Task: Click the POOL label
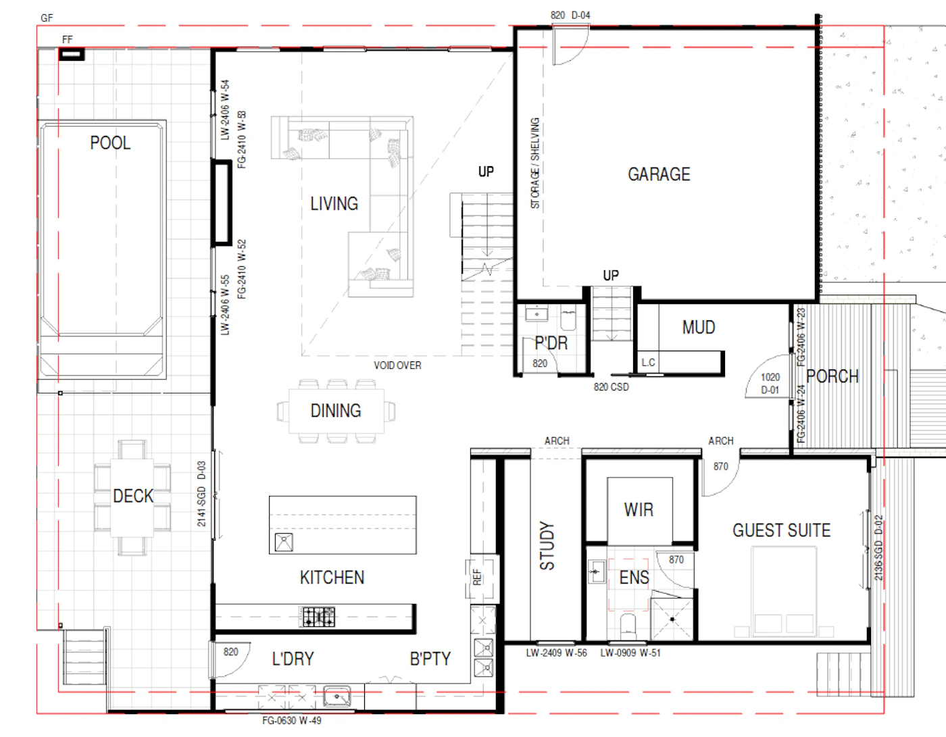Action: pos(110,143)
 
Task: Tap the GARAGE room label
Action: pos(659,174)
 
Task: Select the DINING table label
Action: pos(336,411)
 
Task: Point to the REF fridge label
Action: pos(477,577)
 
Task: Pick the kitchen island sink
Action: pos(284,542)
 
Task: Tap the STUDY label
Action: pos(547,546)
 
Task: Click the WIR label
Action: pos(639,509)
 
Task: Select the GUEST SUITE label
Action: pos(781,530)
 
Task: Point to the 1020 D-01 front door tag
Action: pos(770,383)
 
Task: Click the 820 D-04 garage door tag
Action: pos(570,16)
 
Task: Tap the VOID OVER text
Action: pos(397,365)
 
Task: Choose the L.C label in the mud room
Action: pos(648,362)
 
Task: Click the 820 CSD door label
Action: pos(612,387)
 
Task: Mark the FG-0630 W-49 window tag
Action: pos(292,721)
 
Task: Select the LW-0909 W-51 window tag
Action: pos(630,653)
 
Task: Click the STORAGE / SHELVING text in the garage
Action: pos(535,163)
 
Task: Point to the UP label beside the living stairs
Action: pos(486,172)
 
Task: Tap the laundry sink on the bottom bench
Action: pos(337,696)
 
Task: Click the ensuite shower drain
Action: pos(672,619)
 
